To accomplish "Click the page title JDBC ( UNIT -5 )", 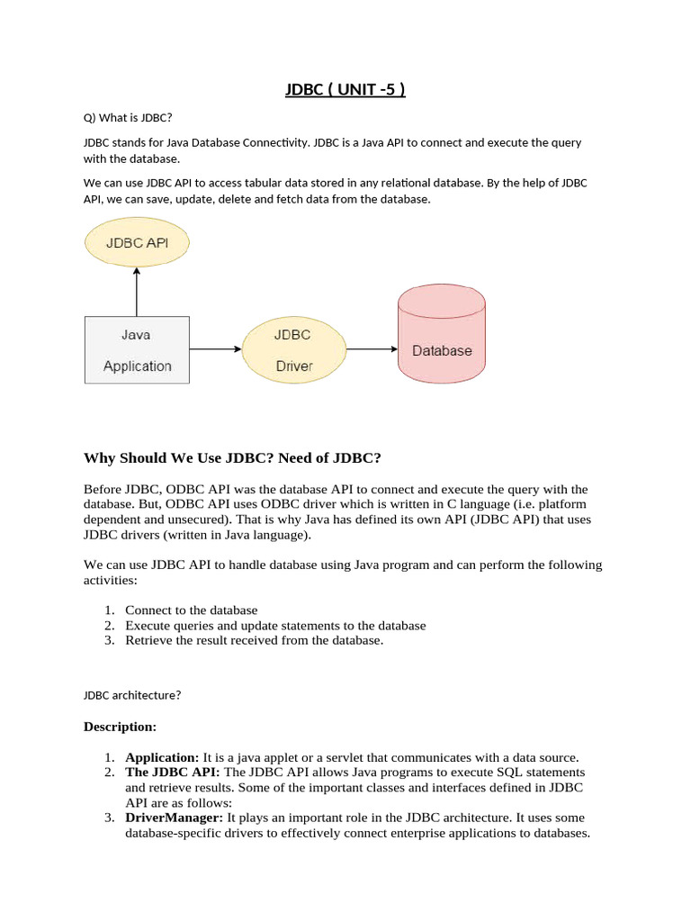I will (345, 90).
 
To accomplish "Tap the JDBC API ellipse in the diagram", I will (137, 242).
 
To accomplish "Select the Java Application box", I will (137, 350).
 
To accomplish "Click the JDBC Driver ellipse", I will (293, 350).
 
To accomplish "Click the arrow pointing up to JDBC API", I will (137, 292).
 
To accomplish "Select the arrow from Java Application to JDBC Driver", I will (216, 348).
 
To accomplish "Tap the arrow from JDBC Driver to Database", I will (372, 348).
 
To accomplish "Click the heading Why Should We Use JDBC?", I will (232, 458).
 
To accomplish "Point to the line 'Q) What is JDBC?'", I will (127, 117).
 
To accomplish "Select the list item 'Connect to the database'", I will (191, 610).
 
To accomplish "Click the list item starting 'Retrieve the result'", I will (254, 640).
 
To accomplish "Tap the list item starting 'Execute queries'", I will (275, 625).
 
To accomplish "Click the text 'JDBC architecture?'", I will (132, 694).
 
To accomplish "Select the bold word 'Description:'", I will (120, 727).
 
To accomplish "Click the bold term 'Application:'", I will (162, 757).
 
